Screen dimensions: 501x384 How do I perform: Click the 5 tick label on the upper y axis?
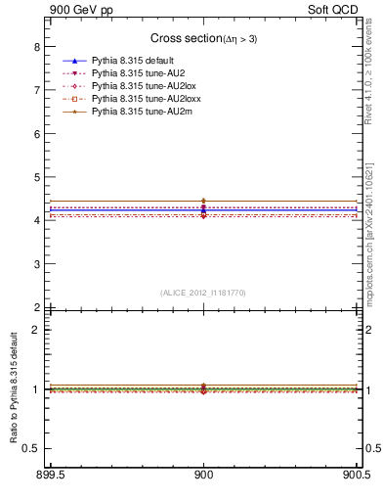(36, 177)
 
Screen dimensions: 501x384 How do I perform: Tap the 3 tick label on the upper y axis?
(36, 264)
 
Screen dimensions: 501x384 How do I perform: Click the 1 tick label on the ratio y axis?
(36, 389)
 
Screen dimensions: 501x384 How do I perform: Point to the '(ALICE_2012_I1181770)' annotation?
(203, 293)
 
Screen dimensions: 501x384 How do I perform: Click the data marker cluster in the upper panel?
(203, 207)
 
